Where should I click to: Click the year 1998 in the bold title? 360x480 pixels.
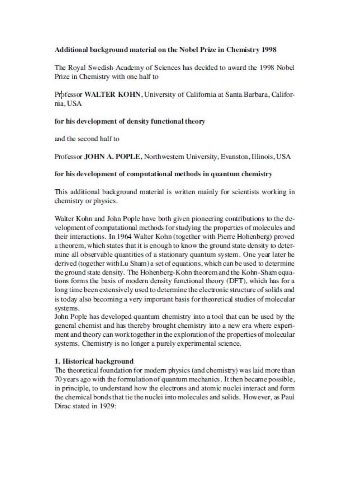click(x=268, y=49)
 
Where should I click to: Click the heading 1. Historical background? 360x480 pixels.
click(x=94, y=361)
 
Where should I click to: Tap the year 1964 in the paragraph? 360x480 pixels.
click(x=124, y=237)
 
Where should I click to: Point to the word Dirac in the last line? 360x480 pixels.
click(x=62, y=406)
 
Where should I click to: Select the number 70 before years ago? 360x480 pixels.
click(x=58, y=379)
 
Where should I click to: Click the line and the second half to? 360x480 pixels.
click(x=87, y=139)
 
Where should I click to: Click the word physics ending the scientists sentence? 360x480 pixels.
click(x=105, y=201)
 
